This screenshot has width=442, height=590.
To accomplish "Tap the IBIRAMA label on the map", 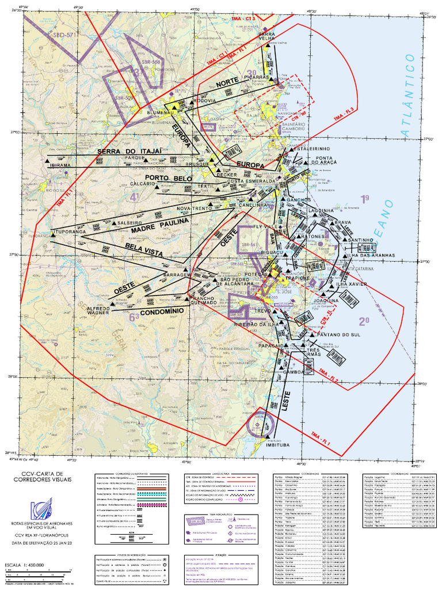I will [60, 165].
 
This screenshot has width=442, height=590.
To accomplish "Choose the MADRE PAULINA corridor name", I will [160, 225].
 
